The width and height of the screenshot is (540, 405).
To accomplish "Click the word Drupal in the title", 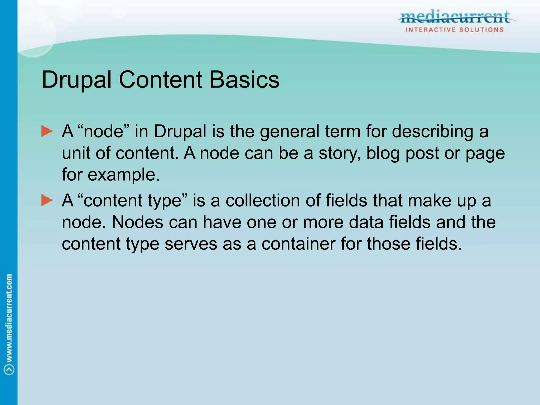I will coord(76,80).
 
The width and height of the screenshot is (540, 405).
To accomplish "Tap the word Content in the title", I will coord(161,80).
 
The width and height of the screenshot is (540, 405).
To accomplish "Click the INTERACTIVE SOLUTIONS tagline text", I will coord(455,30).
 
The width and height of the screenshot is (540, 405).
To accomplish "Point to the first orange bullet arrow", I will coord(47,131).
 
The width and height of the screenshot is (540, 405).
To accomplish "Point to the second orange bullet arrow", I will coord(47,200).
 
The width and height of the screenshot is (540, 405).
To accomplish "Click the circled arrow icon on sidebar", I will coord(9,370).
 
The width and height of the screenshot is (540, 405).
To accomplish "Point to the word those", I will coord(389,244).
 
